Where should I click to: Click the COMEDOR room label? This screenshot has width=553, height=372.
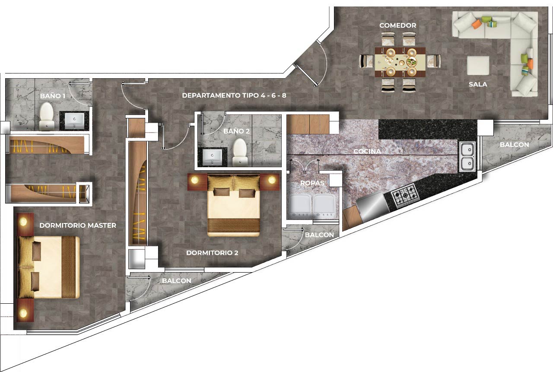tap(398, 25)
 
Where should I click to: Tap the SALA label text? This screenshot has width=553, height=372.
tap(478, 84)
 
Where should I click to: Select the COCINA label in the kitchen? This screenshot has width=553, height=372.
tap(367, 151)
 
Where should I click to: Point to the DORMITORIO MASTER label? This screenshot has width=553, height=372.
tap(78, 226)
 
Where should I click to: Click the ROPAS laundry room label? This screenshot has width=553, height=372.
tap(312, 183)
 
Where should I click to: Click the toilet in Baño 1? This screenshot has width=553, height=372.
tap(46, 116)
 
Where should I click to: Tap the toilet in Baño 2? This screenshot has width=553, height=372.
tap(240, 153)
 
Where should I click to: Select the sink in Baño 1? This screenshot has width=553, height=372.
tap(74, 121)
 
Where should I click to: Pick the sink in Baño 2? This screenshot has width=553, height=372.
tap(212, 157)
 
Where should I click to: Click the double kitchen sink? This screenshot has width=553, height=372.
tap(467, 157)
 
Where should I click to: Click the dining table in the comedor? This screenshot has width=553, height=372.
tap(400, 62)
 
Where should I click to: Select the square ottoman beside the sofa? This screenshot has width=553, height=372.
tap(478, 65)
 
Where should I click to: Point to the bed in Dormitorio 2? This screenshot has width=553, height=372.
tap(234, 205)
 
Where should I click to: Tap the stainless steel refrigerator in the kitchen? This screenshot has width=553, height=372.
tap(372, 207)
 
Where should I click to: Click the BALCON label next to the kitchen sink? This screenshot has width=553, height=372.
tap(515, 145)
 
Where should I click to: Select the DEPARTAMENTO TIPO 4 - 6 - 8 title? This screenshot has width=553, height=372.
tap(234, 95)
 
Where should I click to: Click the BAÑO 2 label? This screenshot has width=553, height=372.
tap(236, 131)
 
